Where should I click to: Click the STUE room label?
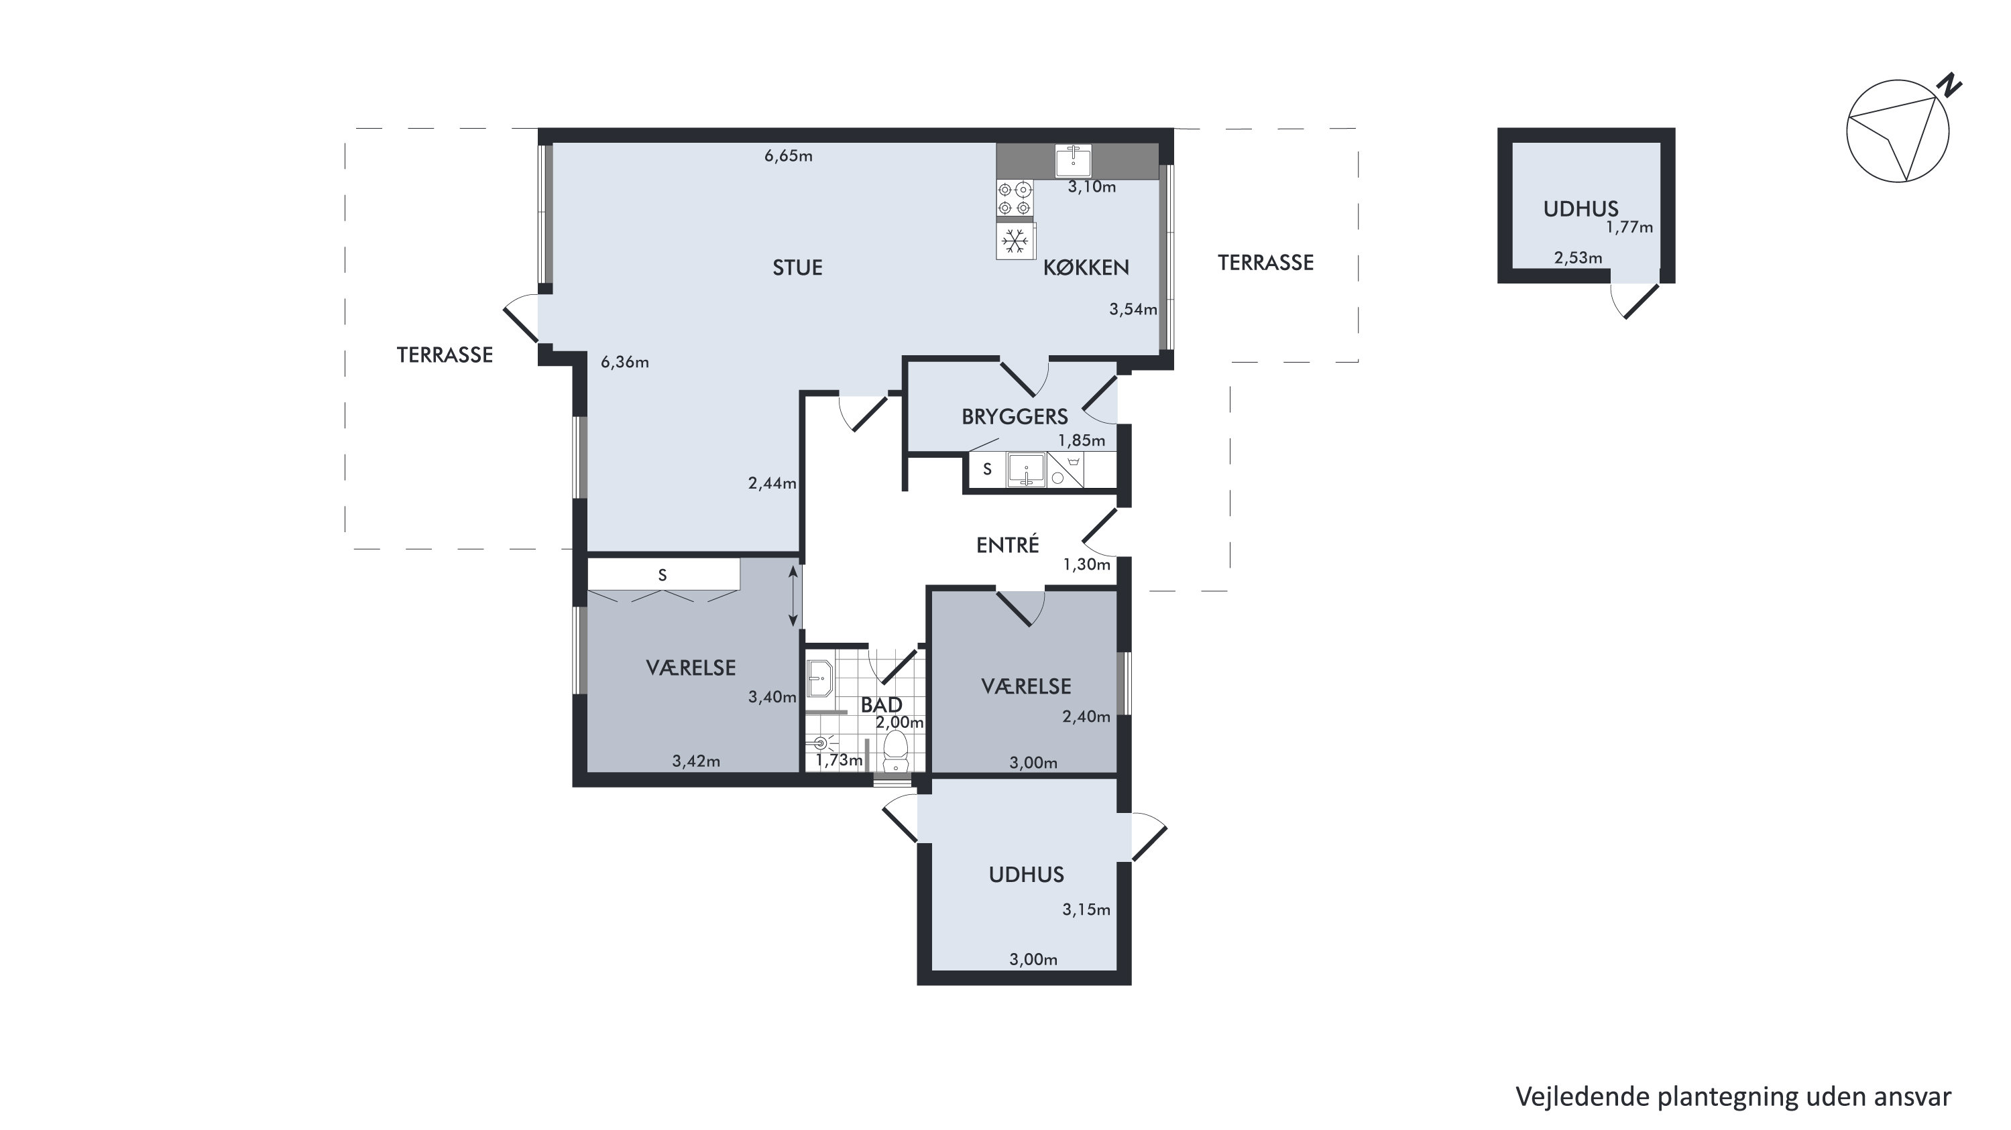797,267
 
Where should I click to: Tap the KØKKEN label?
1086,267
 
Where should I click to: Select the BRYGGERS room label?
1014,417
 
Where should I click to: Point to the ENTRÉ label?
1007,545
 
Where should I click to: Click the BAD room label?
881,704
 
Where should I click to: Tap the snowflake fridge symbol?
1015,241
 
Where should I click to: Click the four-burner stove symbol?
1015,198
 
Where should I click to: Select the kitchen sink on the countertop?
1074,161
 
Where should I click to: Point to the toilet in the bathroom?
895,751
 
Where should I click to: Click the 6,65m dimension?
789,156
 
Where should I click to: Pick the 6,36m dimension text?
624,362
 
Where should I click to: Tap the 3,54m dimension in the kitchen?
1133,309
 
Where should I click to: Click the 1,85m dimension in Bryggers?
1081,441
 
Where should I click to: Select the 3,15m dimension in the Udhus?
1086,909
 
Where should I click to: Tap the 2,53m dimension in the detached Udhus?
1578,257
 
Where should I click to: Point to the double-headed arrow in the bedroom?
793,597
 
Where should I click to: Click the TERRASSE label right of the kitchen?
1265,263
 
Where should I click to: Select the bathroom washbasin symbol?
819,678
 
